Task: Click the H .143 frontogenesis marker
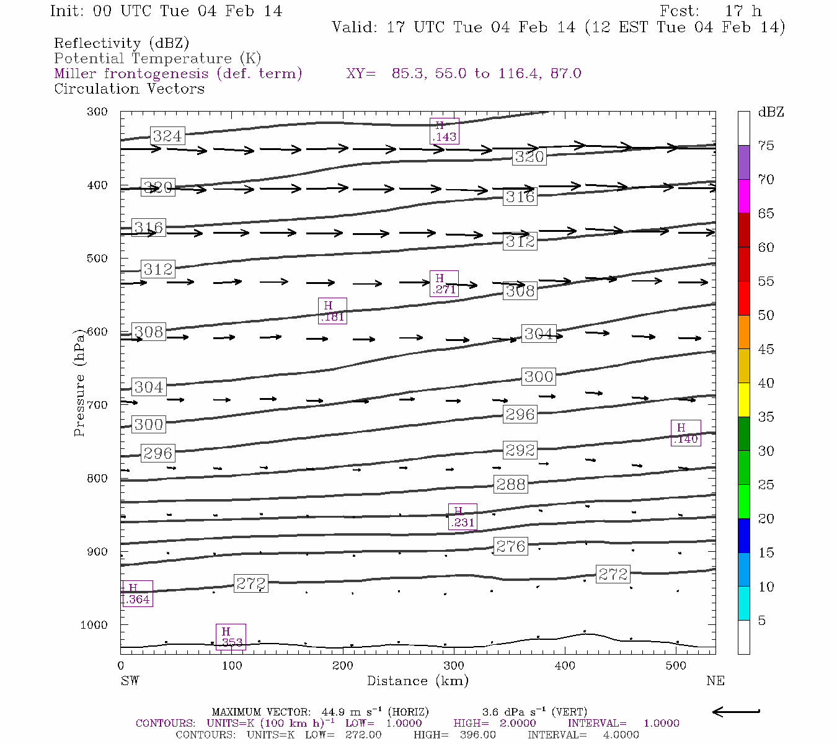(445, 131)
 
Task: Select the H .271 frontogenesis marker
(445, 283)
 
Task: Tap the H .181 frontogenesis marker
(332, 311)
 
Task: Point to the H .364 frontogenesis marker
(136, 593)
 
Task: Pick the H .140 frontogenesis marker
(686, 433)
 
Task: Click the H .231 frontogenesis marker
(463, 516)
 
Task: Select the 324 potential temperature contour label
(167, 136)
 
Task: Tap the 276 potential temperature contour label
(511, 546)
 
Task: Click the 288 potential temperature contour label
(511, 484)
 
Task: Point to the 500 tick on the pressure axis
(97, 259)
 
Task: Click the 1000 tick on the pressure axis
(94, 625)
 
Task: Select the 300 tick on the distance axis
(454, 666)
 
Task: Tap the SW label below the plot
(130, 681)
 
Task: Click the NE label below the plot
(715, 681)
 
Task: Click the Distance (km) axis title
(418, 681)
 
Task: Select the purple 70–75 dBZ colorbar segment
(744, 162)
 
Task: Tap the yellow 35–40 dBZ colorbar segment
(744, 400)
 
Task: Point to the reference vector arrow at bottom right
(736, 712)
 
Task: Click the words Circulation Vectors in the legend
(129, 89)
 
